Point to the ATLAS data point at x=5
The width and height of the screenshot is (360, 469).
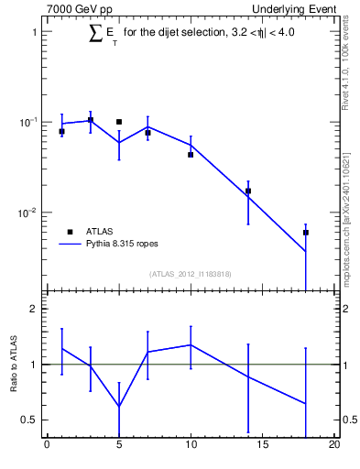point(119,122)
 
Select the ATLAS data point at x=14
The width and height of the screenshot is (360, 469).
point(248,191)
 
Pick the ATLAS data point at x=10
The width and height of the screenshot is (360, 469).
point(191,155)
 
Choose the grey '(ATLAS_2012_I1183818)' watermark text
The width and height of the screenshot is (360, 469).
point(191,274)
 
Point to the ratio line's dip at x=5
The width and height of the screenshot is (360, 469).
point(119,407)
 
